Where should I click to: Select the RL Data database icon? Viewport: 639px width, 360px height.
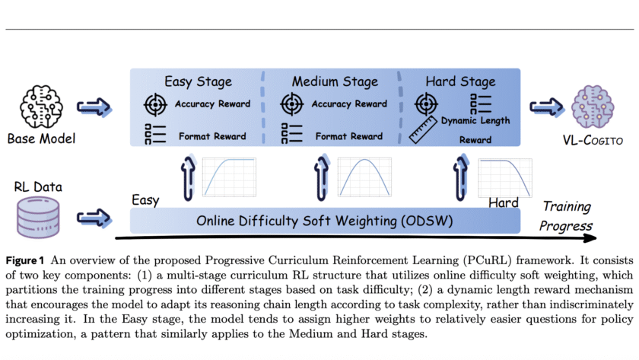point(37,215)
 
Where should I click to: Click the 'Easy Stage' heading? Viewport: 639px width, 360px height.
point(199,81)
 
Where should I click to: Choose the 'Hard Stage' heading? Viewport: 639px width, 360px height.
point(460,81)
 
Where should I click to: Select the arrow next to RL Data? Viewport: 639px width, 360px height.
point(94,217)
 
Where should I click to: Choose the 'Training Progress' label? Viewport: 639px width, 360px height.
point(566,216)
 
